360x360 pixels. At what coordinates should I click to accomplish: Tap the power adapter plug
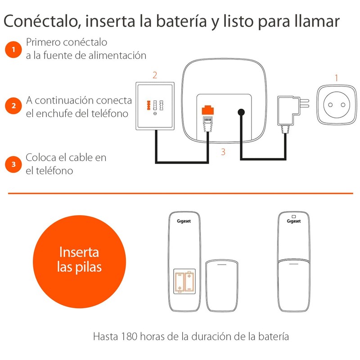point(288,111)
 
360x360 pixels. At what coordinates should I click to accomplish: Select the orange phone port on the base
point(207,109)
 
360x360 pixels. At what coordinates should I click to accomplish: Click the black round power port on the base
point(242,113)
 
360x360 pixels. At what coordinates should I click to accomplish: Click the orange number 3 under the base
point(223,152)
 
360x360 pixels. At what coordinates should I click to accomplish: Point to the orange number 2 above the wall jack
point(155,75)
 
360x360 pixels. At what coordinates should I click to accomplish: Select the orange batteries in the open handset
point(185,282)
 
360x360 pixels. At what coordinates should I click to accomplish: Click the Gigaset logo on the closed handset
point(294,221)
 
